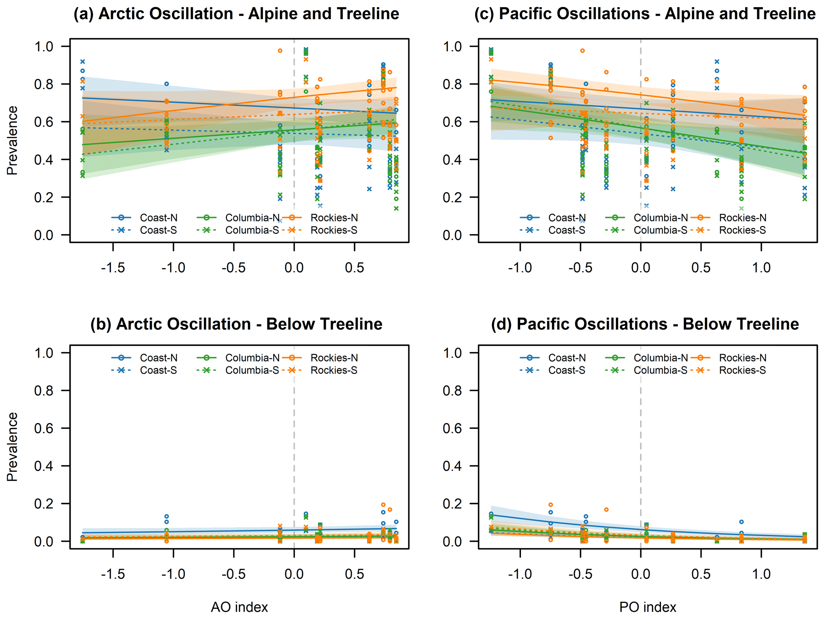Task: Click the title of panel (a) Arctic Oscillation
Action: (x=236, y=14)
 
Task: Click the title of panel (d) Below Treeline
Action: (x=645, y=324)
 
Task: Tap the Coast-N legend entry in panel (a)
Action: (x=158, y=218)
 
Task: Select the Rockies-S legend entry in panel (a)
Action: (x=334, y=230)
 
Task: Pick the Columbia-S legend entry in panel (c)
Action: (x=660, y=230)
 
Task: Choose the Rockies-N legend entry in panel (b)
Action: (x=334, y=358)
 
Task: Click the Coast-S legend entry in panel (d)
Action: (x=566, y=370)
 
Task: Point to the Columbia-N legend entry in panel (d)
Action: (x=660, y=358)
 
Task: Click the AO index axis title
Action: (x=239, y=607)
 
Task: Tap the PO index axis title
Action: (x=648, y=607)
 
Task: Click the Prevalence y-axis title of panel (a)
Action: (x=12, y=140)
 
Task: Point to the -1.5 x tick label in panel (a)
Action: (x=113, y=268)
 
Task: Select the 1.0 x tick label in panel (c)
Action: (x=761, y=268)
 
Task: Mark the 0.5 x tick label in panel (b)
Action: (x=354, y=574)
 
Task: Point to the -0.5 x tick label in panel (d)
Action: (x=580, y=574)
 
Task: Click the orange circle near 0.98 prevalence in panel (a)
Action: (x=280, y=51)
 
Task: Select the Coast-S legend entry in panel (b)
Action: (x=158, y=370)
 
